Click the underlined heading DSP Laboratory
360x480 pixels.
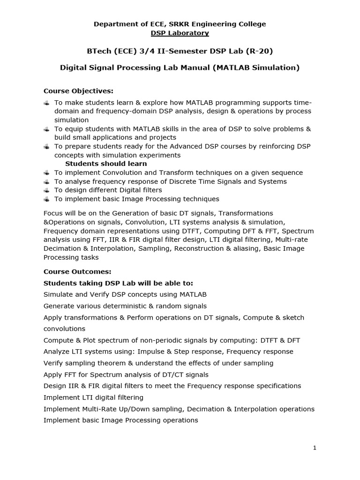point(180,33)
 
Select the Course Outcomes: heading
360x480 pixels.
point(77,271)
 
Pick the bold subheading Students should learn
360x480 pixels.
point(106,164)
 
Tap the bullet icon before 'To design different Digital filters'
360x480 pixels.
point(46,190)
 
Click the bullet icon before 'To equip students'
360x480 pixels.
point(46,129)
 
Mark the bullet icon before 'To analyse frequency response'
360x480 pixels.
point(46,181)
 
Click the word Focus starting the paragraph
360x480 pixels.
point(53,213)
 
